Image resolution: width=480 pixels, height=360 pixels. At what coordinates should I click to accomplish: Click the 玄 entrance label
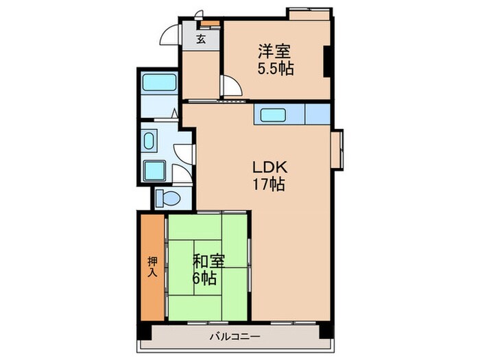[x=201, y=40]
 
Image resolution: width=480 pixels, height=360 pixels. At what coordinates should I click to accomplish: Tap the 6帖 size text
[x=206, y=278]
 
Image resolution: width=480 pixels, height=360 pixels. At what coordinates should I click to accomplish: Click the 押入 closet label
[x=152, y=266]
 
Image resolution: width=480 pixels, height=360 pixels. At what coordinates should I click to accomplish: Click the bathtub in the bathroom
[x=160, y=85]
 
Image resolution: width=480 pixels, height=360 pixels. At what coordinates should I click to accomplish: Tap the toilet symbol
[x=167, y=198]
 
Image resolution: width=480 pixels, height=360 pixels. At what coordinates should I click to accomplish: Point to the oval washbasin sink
[x=150, y=141]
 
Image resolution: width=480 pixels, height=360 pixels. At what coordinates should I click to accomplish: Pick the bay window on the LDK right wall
[x=337, y=150]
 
